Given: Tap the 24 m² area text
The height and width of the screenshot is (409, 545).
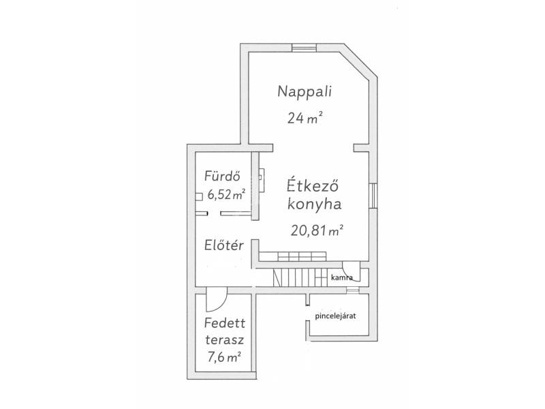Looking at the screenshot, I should tap(305, 117).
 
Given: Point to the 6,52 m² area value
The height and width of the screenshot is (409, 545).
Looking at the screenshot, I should tap(226, 195).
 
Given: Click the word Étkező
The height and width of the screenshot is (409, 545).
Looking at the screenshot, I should tap(312, 186).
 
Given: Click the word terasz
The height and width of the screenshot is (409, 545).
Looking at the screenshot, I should tap(225, 339).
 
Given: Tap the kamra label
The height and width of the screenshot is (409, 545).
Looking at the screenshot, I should tap(341, 278).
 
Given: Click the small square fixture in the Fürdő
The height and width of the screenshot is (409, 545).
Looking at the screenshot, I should tap(198, 197).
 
